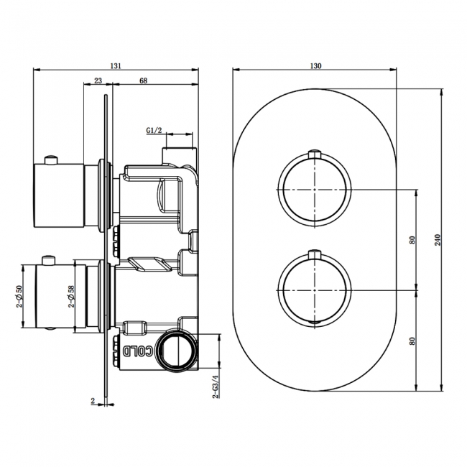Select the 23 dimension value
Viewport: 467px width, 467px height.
[97, 81]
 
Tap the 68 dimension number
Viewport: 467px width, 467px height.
[144, 81]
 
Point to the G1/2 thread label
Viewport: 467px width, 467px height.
[154, 130]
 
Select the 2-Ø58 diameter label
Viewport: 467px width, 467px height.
[71, 296]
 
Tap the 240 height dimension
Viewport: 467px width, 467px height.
[438, 239]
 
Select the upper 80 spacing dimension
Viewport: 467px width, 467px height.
[412, 240]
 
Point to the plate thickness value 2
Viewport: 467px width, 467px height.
[93, 401]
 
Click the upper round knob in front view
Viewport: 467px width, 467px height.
[314, 189]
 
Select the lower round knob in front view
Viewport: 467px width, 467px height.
[314, 290]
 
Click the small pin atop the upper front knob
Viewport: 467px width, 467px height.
[314, 152]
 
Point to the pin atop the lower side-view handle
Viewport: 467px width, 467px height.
[50, 258]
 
